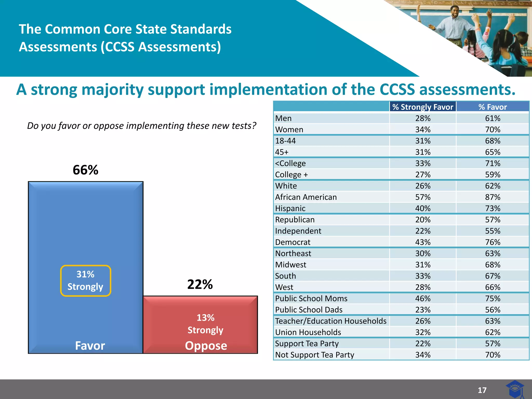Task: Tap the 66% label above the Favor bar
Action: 85,170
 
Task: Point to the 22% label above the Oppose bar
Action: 200,284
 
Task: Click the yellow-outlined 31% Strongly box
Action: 85,281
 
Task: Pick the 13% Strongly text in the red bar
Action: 205,324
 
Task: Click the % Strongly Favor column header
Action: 423,107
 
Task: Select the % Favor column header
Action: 493,107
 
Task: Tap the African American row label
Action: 306,197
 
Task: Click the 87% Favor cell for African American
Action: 493,197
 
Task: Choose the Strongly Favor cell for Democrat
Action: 423,242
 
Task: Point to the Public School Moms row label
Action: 311,298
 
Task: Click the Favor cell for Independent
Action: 493,231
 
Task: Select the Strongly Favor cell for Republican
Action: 423,220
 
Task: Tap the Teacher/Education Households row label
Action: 331,321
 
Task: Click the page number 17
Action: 482,390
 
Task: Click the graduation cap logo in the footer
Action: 515,389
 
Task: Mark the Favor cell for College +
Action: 493,175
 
